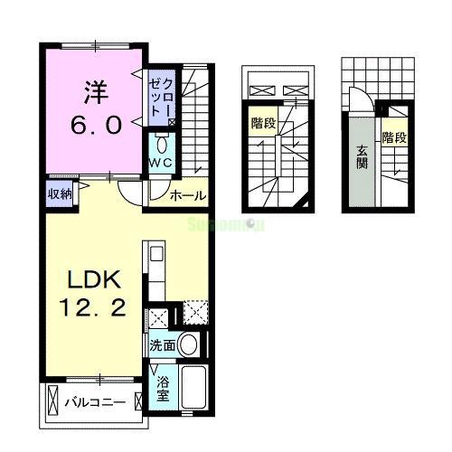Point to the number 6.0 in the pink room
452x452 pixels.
tap(97, 125)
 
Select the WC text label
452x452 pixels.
tap(161, 163)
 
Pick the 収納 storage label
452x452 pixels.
tap(60, 192)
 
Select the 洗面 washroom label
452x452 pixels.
tap(162, 345)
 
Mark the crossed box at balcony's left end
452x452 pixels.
tap(52, 400)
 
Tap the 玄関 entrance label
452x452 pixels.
tap(361, 157)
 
